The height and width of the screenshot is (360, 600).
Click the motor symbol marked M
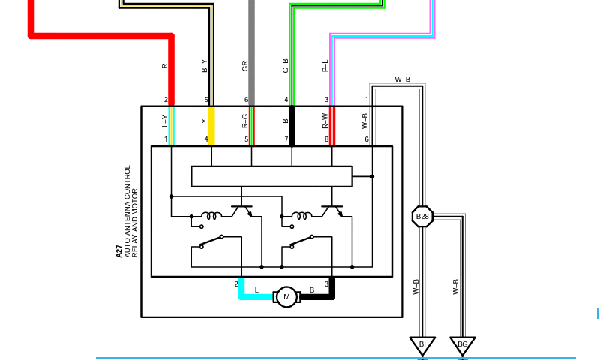click(286, 296)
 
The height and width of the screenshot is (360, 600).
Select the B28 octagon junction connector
click(422, 217)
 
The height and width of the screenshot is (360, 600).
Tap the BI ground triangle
click(422, 345)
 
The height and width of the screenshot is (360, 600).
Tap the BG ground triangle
click(462, 345)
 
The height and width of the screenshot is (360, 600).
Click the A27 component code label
click(119, 251)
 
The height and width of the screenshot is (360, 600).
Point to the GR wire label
click(245, 66)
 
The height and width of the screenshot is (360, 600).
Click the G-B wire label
click(285, 66)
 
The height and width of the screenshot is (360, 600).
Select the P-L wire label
click(325, 66)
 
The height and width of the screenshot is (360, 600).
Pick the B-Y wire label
click(204, 66)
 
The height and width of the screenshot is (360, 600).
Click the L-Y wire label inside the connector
click(164, 121)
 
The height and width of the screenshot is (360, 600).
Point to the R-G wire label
click(245, 121)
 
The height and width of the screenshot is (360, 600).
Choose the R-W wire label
click(325, 121)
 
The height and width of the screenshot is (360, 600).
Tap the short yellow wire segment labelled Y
click(211, 126)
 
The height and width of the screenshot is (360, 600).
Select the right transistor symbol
click(332, 211)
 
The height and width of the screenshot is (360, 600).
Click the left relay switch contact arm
click(211, 241)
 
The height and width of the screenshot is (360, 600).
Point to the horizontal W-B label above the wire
click(403, 79)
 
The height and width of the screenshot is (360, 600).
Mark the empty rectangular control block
click(271, 176)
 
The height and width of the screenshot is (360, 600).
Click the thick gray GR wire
click(251, 52)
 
